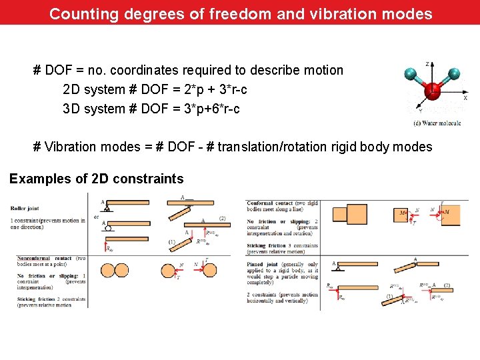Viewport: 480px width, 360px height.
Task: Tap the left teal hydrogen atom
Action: point(411,74)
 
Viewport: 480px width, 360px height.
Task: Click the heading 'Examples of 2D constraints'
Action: point(96,179)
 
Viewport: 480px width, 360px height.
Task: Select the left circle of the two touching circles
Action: point(107,270)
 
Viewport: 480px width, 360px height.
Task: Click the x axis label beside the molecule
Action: point(465,97)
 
